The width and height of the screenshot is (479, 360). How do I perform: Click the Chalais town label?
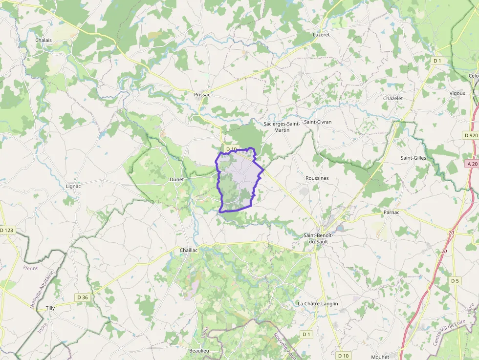[x=44, y=41]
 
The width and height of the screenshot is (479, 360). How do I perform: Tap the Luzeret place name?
[x=321, y=35]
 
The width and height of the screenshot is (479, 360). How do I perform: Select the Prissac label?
[x=202, y=94]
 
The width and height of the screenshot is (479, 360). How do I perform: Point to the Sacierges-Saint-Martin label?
[x=282, y=127]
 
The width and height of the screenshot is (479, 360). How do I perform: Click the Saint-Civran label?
[x=318, y=122]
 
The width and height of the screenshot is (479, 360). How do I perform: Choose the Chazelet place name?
[x=393, y=98]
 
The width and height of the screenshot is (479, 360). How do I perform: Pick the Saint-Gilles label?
[x=414, y=158]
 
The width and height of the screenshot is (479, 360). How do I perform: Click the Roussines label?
[x=317, y=178]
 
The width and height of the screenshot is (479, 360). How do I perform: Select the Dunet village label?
[x=176, y=179]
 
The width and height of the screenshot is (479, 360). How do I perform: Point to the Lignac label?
[x=73, y=186]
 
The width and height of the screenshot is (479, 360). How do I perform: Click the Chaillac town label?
[x=189, y=250]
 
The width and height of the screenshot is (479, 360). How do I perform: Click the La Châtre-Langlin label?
[x=318, y=303]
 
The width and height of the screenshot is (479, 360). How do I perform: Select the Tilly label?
[x=50, y=308]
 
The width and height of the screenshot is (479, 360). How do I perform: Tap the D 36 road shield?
[x=82, y=297]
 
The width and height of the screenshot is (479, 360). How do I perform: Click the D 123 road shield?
[x=7, y=230]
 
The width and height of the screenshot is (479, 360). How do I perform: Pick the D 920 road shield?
[x=471, y=135]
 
